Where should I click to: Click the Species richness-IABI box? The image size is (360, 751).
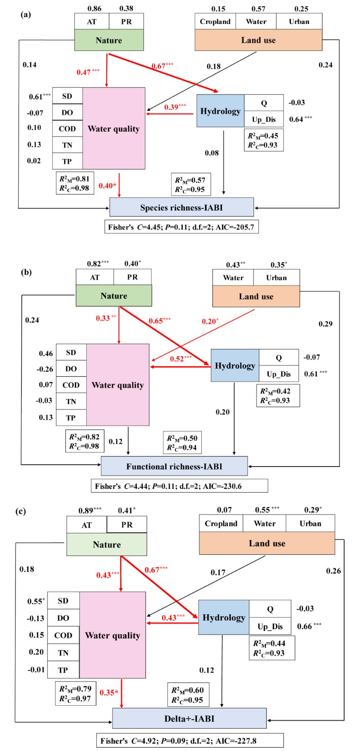pos(182,207)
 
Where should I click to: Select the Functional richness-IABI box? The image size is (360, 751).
pos(174,466)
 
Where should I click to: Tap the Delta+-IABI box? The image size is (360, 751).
pos(189,718)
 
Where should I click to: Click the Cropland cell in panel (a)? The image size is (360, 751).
pos(215,21)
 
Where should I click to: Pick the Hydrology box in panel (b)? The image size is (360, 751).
pos(235,366)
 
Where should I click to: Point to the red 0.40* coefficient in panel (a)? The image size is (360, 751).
pos(107,186)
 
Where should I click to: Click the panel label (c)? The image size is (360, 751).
pos(21,511)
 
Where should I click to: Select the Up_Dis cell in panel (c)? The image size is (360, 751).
pos(270,627)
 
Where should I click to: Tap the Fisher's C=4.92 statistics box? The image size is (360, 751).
pos(190,741)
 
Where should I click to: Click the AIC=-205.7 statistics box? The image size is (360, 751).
pos(181,227)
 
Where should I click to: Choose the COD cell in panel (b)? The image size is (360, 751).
pos(71,385)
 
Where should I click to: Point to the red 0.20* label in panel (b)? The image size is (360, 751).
pos(210,321)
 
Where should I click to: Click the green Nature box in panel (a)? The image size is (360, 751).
pos(109,40)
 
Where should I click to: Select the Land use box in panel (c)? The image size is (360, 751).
pos(267,544)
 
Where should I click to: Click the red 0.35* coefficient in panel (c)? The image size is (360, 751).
pos(109,692)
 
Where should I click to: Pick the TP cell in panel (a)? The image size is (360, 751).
pos(67,161)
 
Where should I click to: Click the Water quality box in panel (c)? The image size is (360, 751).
pos(112,635)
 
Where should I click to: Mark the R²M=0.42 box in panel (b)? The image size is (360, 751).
pos(278,396)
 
